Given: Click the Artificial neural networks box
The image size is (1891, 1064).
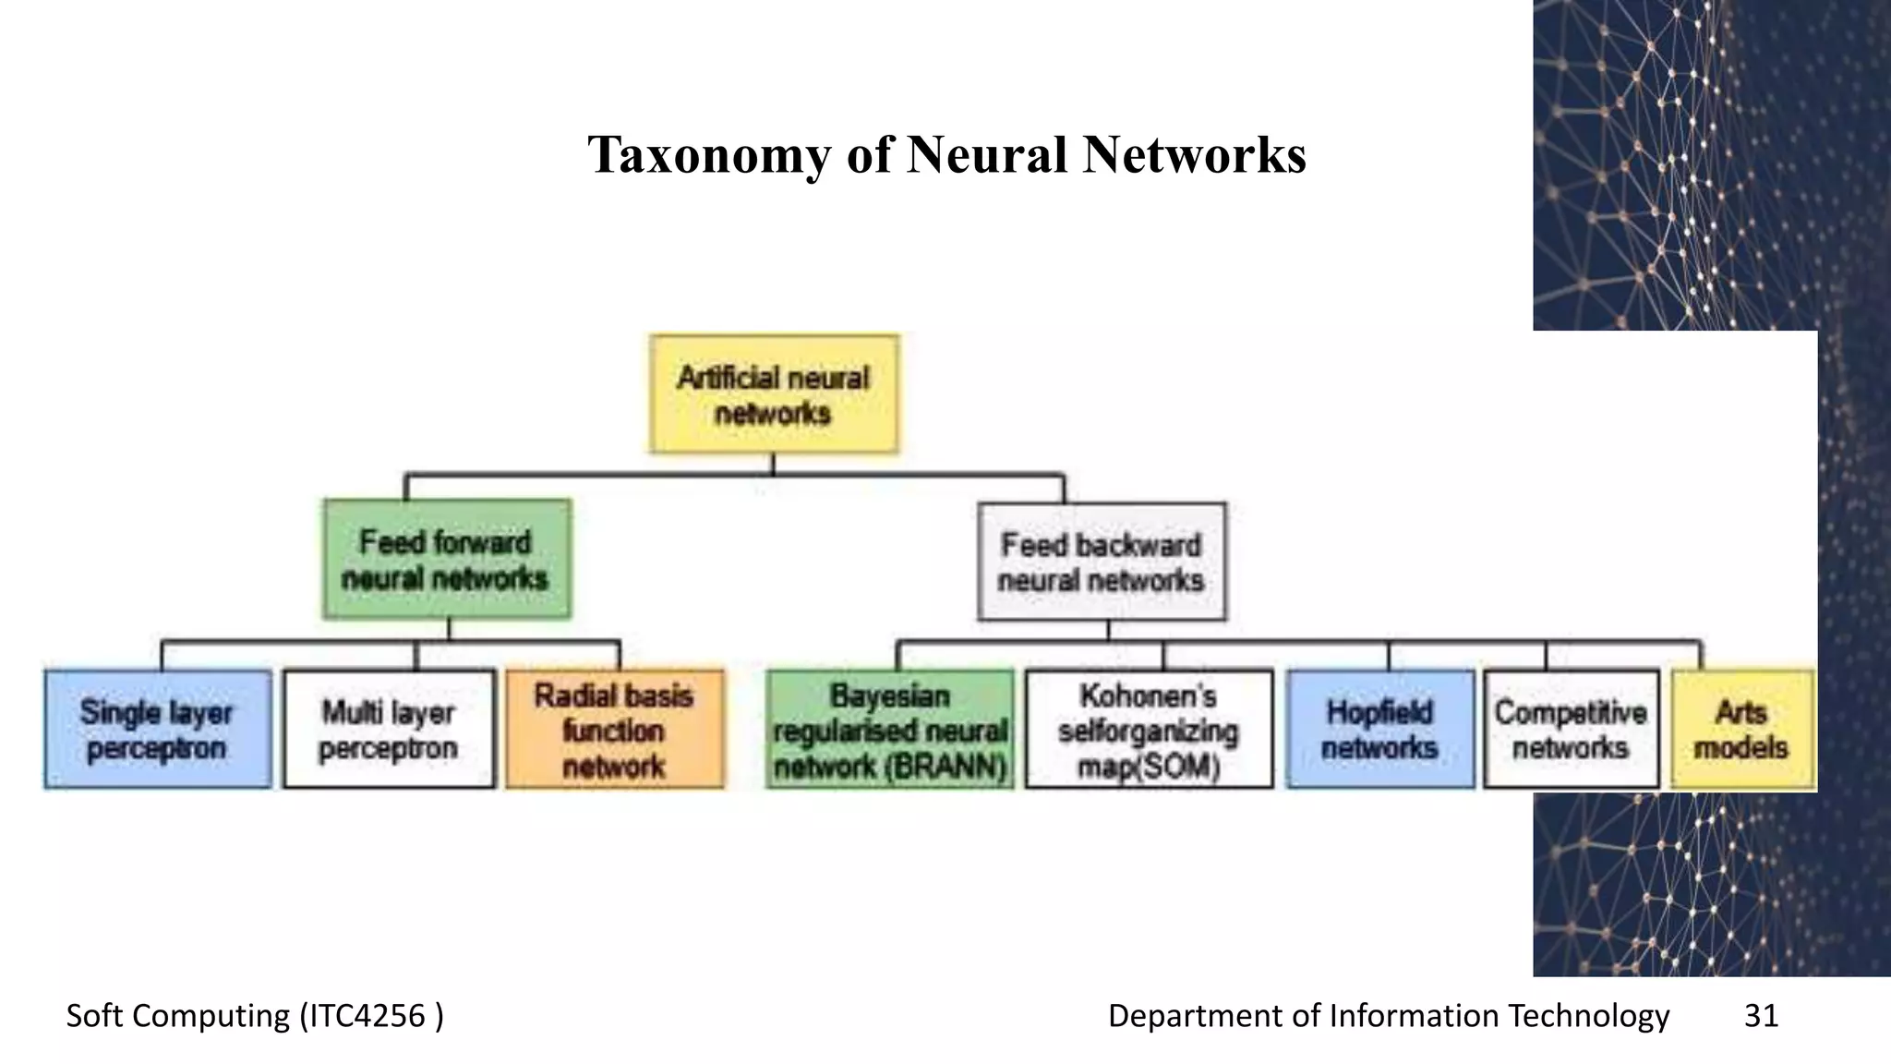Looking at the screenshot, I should click(774, 394).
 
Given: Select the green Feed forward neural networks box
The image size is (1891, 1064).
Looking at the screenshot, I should click(447, 559).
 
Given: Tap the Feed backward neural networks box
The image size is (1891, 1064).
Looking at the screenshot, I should click(1102, 562).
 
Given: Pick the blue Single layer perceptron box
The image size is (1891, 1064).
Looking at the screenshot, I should click(158, 729).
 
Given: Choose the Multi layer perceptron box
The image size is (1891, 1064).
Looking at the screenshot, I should click(389, 729).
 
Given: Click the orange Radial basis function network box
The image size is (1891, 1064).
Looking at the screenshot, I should click(615, 729).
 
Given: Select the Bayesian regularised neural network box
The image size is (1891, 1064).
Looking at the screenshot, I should click(889, 729).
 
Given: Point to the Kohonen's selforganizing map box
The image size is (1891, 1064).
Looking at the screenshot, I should click(1149, 729).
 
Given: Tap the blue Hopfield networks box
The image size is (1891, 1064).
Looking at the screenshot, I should click(1380, 729).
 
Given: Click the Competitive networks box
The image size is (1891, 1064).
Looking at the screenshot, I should click(1571, 729).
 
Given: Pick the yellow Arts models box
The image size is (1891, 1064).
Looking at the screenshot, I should click(1742, 729).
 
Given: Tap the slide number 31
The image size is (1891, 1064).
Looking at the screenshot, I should click(1761, 1016).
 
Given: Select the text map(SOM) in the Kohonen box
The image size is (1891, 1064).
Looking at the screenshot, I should click(1149, 767).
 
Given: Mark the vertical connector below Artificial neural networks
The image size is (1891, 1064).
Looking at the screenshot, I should click(774, 465).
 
